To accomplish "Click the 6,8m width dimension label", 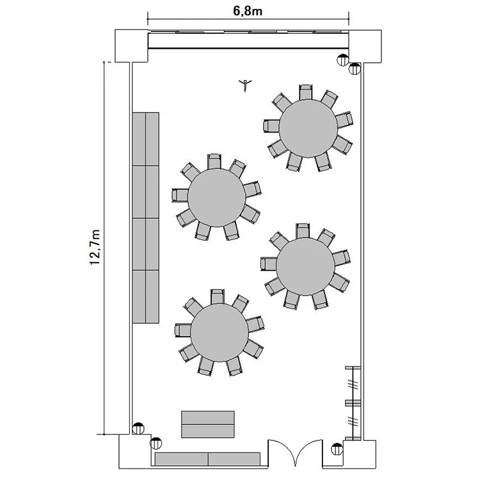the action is (248, 11).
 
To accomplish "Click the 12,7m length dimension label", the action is (95, 247).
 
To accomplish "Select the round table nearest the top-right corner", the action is (308, 129).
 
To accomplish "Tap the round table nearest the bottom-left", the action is (220, 333).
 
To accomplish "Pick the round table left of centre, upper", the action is (217, 198).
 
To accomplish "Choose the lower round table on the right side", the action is (305, 267).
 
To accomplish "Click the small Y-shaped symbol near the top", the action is (245, 84).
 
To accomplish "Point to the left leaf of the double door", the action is (282, 453).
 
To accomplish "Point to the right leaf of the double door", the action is (309, 453).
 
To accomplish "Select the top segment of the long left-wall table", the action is (146, 139).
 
